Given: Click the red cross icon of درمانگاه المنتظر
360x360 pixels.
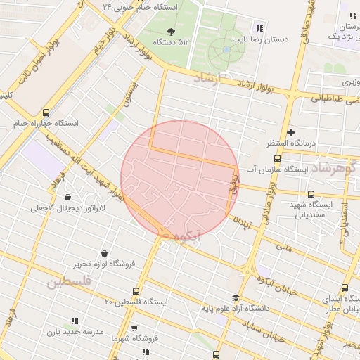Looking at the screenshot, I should tap(291, 132).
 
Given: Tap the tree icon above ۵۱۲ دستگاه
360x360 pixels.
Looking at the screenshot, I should tap(172, 30).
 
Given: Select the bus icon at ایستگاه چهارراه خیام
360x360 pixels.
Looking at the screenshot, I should tap(46, 112).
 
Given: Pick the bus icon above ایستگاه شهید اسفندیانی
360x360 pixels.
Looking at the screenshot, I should tap(311, 194).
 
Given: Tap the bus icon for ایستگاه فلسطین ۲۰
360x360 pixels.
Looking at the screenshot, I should tap(136, 291).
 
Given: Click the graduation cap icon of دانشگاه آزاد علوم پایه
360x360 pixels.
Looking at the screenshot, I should tap(236, 298).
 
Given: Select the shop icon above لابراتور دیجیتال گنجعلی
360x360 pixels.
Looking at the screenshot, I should tap(67, 198).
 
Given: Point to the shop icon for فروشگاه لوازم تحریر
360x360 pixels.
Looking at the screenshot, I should tap(105, 253).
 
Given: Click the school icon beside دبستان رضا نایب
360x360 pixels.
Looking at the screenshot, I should tap(259, 28).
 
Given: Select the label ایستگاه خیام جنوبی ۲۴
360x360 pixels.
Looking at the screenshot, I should tap(141, 6).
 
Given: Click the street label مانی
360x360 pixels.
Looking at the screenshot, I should tap(284, 247).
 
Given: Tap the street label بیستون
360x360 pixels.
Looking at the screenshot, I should tap(131, 96).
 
